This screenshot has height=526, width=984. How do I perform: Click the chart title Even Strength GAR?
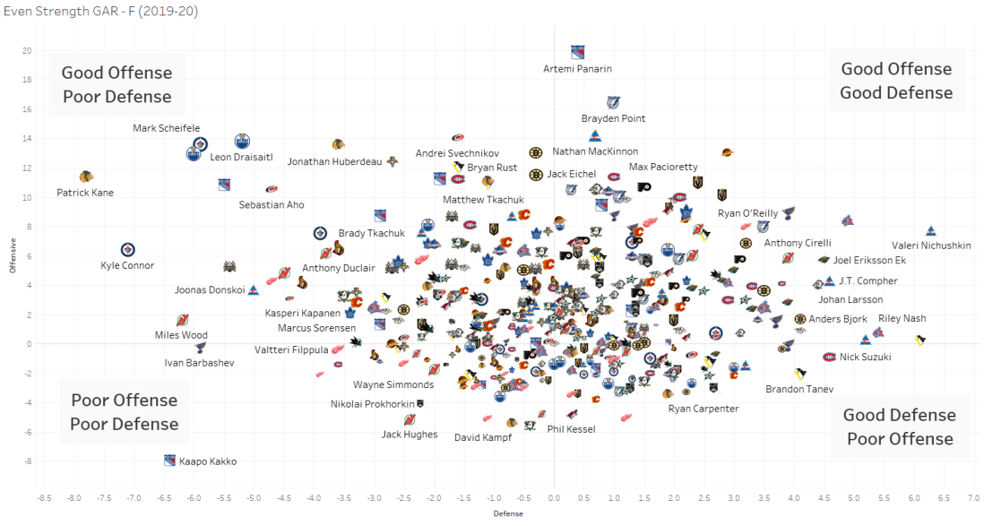click(x=100, y=12)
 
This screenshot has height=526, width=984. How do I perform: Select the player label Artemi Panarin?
click(x=578, y=69)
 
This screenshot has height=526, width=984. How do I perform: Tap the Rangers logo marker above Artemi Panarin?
click(x=578, y=52)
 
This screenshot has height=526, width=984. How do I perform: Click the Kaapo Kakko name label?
click(x=208, y=461)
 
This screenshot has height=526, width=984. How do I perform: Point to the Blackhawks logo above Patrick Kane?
click(x=86, y=177)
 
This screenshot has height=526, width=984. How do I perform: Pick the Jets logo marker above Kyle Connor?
click(x=127, y=249)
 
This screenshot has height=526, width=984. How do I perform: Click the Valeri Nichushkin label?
click(x=931, y=246)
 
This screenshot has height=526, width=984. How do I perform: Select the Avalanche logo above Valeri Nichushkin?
click(x=931, y=231)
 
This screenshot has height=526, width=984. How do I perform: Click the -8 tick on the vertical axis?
click(x=28, y=461)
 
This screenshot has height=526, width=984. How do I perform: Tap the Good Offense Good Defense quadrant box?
click(x=896, y=81)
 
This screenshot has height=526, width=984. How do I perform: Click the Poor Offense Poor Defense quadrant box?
click(x=124, y=412)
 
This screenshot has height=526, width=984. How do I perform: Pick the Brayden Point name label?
click(x=613, y=118)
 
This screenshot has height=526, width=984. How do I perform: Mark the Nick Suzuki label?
click(x=865, y=357)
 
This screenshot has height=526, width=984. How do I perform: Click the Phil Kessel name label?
click(x=572, y=428)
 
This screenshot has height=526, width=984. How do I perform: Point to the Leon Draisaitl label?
click(x=241, y=157)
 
